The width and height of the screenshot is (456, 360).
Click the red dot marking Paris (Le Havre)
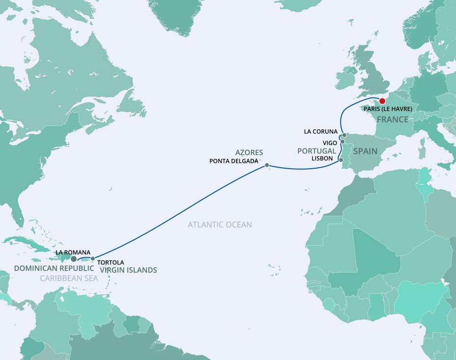(383, 101)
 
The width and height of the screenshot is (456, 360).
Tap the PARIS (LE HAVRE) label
(387, 109)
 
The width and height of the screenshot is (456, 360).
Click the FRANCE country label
(393, 120)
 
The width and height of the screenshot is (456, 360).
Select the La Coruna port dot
(344, 135)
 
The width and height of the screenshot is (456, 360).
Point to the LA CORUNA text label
(321, 131)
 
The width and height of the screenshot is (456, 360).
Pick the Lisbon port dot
(341, 160)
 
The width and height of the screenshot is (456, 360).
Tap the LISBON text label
(322, 159)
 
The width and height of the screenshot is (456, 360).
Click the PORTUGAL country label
(317, 151)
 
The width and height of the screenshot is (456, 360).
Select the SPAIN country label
(365, 151)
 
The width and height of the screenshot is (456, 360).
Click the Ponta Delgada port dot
(267, 165)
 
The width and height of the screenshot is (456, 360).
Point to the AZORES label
(249, 152)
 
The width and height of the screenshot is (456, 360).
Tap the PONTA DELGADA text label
(233, 161)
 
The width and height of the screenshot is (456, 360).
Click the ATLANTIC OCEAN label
(220, 225)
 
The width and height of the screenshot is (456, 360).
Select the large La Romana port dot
(74, 259)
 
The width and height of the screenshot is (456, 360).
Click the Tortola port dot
(93, 259)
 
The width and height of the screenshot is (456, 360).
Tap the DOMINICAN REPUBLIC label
(54, 269)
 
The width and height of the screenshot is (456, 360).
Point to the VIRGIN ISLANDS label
(128, 270)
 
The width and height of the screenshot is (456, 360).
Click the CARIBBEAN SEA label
(69, 278)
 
